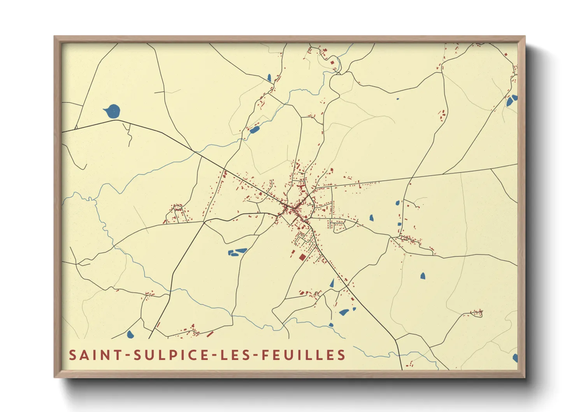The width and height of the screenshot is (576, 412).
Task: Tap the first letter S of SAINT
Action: tap(72, 355)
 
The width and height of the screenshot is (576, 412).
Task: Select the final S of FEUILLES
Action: tap(342, 355)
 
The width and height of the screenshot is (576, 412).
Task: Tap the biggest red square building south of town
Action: tap(302, 257)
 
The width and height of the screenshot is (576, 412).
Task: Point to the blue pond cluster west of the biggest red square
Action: tap(237, 252)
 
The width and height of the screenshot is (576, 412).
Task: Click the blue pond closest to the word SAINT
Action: tap(130, 334)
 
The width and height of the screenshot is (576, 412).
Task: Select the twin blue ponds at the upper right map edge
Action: tap(511, 100)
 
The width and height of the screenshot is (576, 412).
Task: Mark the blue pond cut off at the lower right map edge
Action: tap(515, 357)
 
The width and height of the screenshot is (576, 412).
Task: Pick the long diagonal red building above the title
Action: tap(210, 334)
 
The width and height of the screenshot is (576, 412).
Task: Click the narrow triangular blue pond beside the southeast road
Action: tap(332, 283)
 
